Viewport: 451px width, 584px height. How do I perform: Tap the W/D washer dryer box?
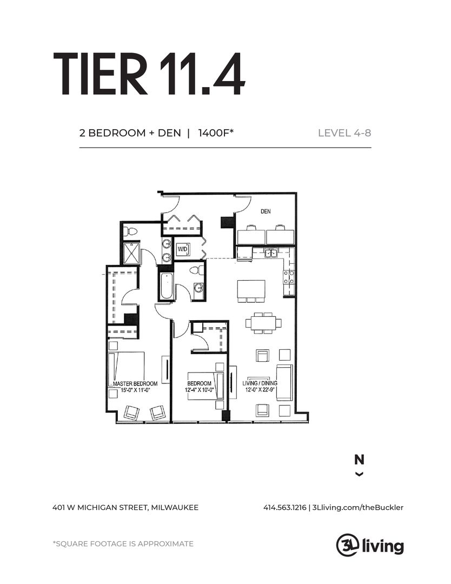click(x=183, y=249)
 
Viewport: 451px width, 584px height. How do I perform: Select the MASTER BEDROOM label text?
click(x=135, y=383)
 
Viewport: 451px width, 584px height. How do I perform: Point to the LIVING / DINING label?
click(x=261, y=383)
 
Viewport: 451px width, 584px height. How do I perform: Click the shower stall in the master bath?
click(x=131, y=253)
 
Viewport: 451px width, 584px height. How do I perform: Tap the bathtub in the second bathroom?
click(x=165, y=286)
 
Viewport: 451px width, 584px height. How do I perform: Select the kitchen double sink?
click(x=270, y=253)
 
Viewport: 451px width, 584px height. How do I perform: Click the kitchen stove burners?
click(x=289, y=277)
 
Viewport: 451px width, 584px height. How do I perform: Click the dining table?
click(x=263, y=322)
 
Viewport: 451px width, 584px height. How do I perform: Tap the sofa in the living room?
click(x=284, y=383)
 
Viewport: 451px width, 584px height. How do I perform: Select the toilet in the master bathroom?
click(x=130, y=232)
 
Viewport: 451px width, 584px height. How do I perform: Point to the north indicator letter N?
click(x=359, y=460)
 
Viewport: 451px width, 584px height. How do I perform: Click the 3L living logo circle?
click(x=346, y=545)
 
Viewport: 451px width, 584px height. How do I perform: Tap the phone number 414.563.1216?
click(x=284, y=507)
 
